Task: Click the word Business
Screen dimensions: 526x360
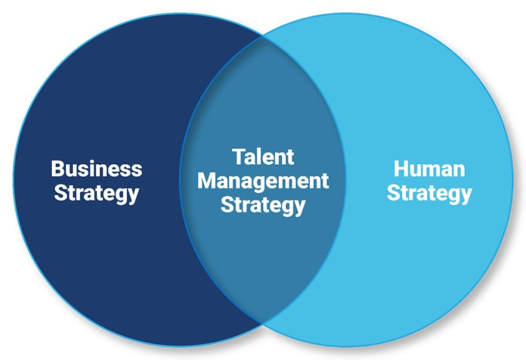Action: (96, 169)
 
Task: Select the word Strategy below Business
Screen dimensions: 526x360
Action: (96, 194)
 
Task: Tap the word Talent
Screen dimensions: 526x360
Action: (263, 157)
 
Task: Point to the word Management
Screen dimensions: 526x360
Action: (263, 182)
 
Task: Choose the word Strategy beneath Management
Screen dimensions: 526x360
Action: (263, 205)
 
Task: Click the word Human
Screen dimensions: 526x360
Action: (430, 169)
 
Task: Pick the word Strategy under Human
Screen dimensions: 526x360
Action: (430, 194)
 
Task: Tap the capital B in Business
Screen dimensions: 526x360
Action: (58, 169)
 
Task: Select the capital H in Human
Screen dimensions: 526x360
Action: (401, 169)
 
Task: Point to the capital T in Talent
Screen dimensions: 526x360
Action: (239, 157)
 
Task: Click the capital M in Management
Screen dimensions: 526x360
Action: (207, 181)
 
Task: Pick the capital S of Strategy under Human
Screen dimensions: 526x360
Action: (393, 193)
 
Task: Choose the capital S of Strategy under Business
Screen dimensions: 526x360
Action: (60, 193)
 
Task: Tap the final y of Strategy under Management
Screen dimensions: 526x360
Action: (300, 209)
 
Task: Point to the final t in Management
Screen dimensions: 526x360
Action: (324, 182)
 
